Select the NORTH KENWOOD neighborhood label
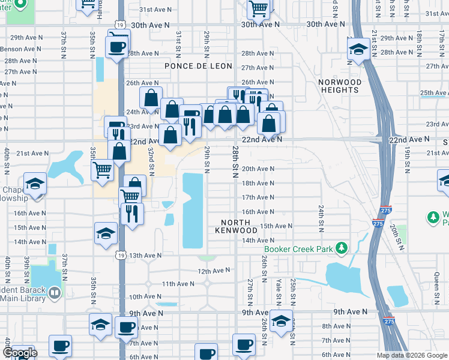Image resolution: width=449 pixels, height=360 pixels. [x=237, y=226]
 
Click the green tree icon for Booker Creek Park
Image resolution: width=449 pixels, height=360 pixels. [x=342, y=248]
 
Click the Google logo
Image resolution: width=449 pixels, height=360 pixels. [x=20, y=353]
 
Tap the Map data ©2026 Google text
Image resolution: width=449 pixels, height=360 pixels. [x=411, y=355]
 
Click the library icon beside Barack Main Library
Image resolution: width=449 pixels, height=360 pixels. [x=55, y=292]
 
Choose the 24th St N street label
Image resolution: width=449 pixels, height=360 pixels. [x=321, y=215]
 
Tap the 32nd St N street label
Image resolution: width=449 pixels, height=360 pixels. [x=152, y=159]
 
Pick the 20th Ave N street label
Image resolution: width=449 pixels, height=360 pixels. [x=258, y=169]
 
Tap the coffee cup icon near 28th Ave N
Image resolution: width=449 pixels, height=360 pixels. [x=117, y=46]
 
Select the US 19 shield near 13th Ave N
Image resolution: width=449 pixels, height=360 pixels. [x=120, y=254]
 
